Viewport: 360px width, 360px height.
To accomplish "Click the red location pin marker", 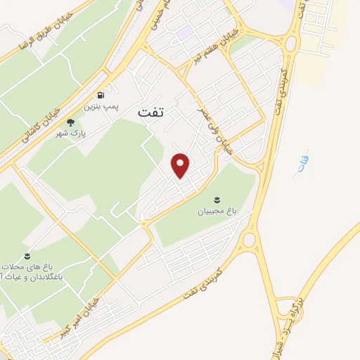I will click(x=181, y=165).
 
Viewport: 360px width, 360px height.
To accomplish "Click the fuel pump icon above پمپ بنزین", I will click(x=103, y=95).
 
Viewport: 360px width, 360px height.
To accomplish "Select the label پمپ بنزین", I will click(x=98, y=107).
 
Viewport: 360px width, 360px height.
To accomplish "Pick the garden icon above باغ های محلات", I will click(x=27, y=255).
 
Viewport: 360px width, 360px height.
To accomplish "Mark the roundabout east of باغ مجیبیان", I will click(x=248, y=240).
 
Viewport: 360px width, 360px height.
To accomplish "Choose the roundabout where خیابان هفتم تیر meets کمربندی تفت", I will click(x=291, y=43).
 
